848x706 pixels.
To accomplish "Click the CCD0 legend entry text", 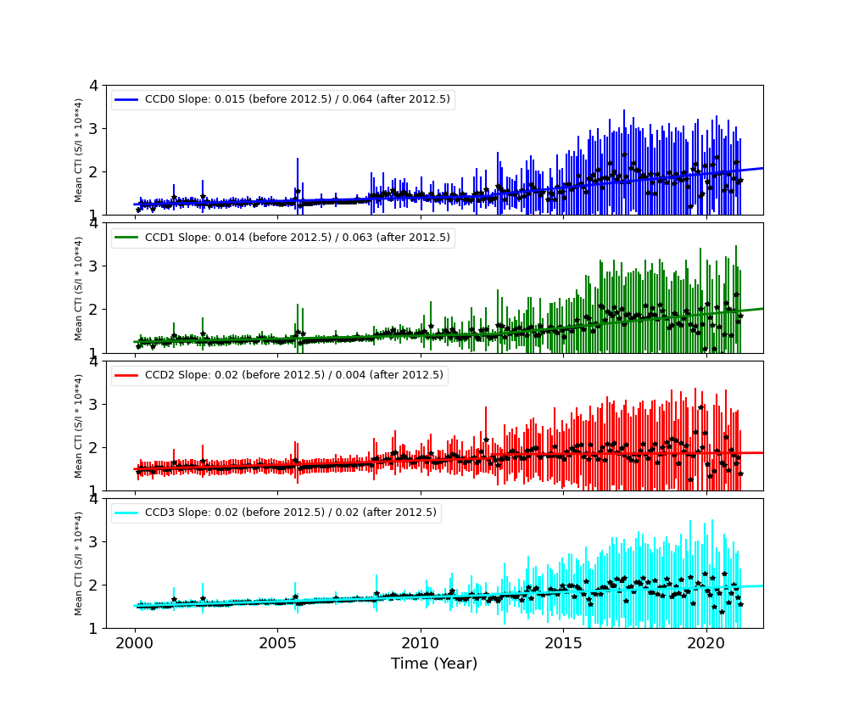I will click(x=297, y=99).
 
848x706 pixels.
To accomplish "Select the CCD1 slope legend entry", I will click(x=297, y=238).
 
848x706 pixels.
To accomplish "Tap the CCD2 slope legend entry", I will click(x=293, y=375).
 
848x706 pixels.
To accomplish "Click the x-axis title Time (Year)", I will click(x=434, y=664).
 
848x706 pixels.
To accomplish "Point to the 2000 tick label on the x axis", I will click(x=135, y=642).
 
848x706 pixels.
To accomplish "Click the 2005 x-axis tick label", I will click(x=277, y=642).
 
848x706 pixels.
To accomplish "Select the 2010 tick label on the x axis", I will click(x=421, y=642).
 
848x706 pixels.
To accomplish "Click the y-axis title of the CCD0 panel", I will click(x=79, y=150).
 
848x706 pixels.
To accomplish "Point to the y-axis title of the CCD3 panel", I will click(x=79, y=563).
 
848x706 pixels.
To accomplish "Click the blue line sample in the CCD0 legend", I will click(x=127, y=99).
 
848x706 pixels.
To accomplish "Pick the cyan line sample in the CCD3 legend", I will click(x=127, y=513).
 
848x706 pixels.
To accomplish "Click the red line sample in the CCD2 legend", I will click(x=127, y=375).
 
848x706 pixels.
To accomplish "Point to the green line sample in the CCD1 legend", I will click(x=127, y=238).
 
